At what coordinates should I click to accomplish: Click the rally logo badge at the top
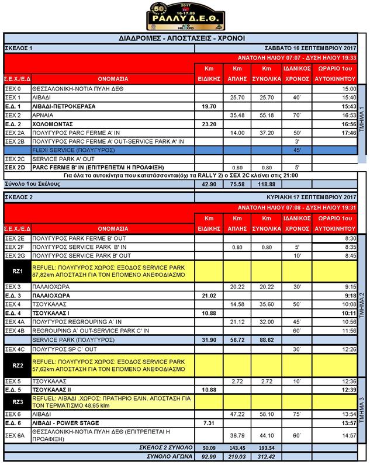(x=185, y=16)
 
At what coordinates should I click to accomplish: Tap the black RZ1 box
(x=17, y=271)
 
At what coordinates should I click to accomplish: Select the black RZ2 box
(x=17, y=366)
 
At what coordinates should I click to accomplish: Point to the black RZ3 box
(x=17, y=401)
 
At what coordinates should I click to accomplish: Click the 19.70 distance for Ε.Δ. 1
(x=209, y=106)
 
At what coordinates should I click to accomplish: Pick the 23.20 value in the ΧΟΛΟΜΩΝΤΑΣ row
(x=209, y=124)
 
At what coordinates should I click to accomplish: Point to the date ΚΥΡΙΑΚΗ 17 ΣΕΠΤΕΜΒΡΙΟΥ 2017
(x=312, y=197)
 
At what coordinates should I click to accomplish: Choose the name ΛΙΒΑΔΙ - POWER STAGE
(x=65, y=422)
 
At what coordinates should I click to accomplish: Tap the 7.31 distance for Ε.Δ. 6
(x=209, y=422)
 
